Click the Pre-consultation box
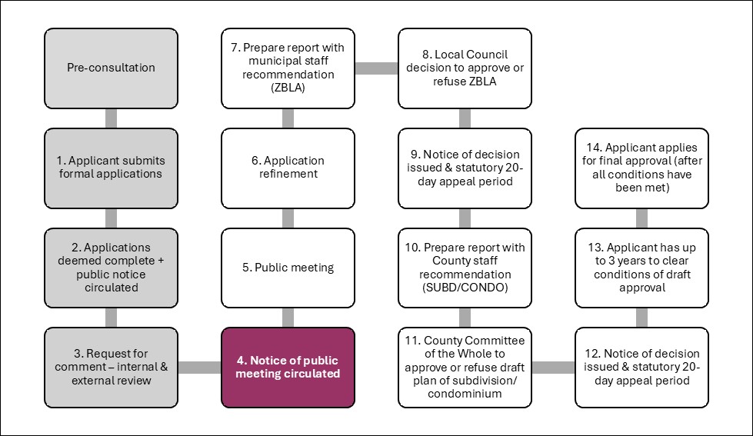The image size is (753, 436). point(111,68)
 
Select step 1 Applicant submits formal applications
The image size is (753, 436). point(111,168)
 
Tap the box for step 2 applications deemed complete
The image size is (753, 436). point(111,267)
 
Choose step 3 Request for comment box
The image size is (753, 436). point(111,367)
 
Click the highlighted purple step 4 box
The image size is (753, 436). point(288,367)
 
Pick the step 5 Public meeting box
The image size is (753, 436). point(288,267)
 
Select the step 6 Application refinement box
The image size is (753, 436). point(288,168)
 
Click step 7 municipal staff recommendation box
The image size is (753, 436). point(288,68)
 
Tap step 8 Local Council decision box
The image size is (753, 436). point(465,68)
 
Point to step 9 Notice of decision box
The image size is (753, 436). point(465,168)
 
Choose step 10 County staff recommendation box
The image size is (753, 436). point(465,267)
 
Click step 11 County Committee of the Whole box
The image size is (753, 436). point(465,367)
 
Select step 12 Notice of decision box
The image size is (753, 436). point(641,367)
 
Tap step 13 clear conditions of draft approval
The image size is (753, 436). point(641,267)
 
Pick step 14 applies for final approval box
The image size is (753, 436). point(641,168)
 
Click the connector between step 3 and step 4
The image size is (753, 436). point(199,368)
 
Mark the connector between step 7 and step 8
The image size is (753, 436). point(376,68)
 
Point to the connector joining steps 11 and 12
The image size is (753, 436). point(553,368)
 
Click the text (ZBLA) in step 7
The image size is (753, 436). point(288,88)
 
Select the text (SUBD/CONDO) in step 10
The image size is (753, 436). point(465,288)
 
